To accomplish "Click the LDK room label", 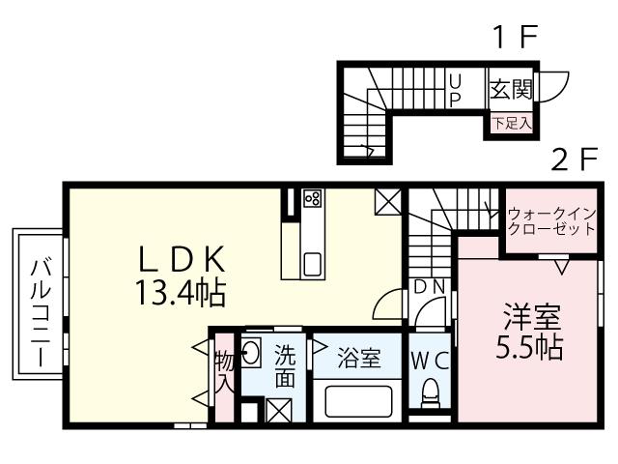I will (183, 258).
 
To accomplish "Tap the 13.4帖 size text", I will (183, 289).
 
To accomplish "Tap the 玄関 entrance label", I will (509, 91).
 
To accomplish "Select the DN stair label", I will (429, 286).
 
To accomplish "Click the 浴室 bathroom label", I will (357, 359).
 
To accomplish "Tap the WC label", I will (430, 361).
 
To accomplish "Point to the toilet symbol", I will (431, 391).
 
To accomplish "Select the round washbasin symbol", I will (249, 352).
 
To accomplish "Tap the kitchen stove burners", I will (312, 198).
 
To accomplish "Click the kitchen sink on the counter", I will (313, 263).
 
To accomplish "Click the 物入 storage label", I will (222, 371).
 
